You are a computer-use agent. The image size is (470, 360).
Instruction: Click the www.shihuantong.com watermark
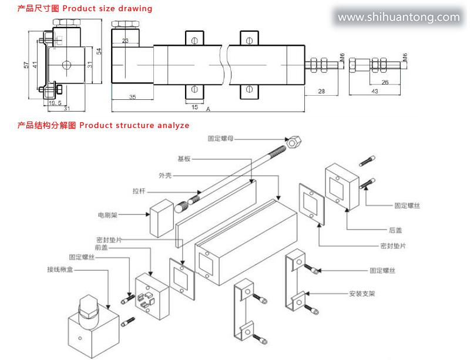pyautogui.click(x=398, y=17)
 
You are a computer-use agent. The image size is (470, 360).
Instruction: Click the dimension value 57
pyautogui.click(x=26, y=65)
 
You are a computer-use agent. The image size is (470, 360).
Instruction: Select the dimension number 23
pyautogui.click(x=126, y=41)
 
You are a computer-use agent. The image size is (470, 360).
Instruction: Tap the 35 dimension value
pyautogui.click(x=133, y=97)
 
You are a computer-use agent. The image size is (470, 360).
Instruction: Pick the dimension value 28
pyautogui.click(x=321, y=91)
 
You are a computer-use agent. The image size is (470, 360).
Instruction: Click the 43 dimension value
pyautogui.click(x=374, y=91)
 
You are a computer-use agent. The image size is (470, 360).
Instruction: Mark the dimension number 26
pyautogui.click(x=385, y=83)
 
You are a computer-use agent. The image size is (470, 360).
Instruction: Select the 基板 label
pyautogui.click(x=184, y=159)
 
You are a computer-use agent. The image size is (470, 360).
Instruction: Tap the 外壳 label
pyautogui.click(x=165, y=175)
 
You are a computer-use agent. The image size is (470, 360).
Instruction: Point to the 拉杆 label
pyautogui.click(x=139, y=190)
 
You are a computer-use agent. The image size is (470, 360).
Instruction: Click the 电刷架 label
pyautogui.click(x=108, y=216)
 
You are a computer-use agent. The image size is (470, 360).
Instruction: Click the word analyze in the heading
pyautogui.click(x=171, y=125)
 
